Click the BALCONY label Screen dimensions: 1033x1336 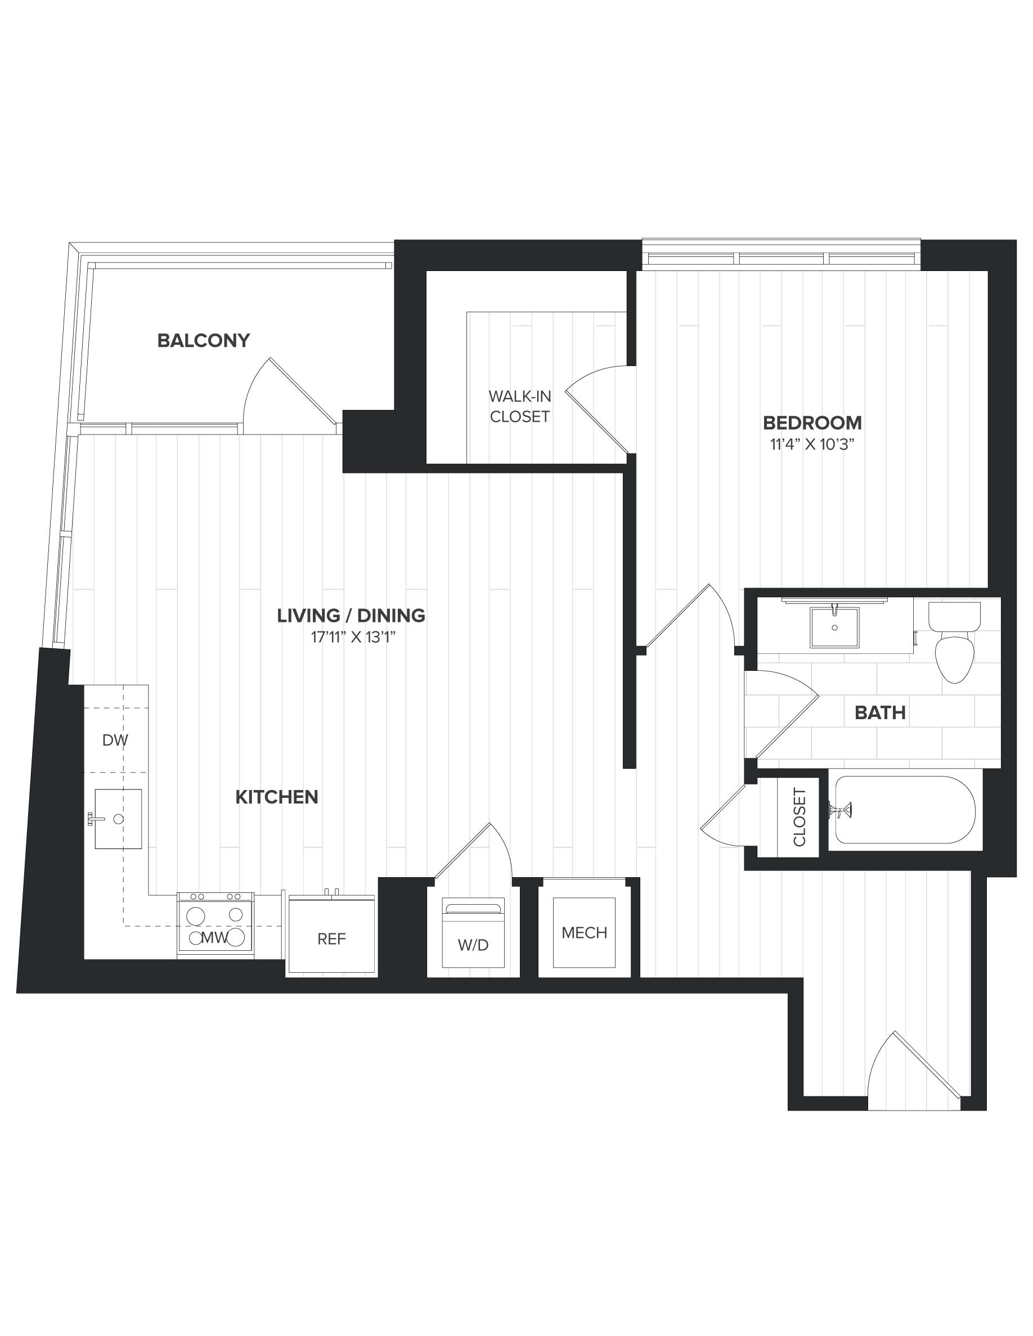(x=204, y=340)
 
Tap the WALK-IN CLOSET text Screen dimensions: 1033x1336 (x=519, y=406)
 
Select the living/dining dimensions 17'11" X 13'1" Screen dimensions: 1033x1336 (x=353, y=638)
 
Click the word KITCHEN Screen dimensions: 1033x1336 (x=277, y=797)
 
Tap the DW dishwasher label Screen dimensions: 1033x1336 (x=115, y=740)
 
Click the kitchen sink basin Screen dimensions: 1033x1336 (x=118, y=819)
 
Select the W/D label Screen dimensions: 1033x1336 (x=473, y=945)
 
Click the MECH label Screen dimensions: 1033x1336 (x=584, y=933)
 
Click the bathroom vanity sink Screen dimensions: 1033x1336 (x=834, y=627)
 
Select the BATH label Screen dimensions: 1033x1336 (x=880, y=712)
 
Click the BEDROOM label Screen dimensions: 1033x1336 (x=812, y=423)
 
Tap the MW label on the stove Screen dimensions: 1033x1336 (x=215, y=939)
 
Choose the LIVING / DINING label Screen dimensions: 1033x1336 (x=351, y=615)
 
